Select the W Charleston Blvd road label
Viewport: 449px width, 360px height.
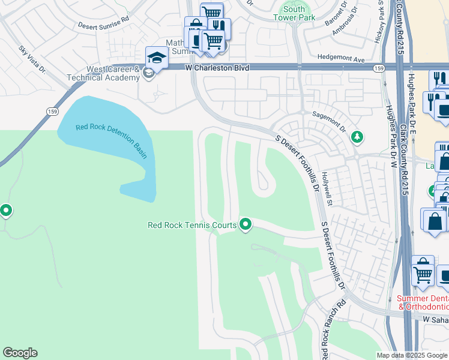pyautogui.click(x=217, y=68)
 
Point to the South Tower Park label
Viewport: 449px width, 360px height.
pyautogui.click(x=294, y=14)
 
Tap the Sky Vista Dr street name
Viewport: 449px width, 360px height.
pyautogui.click(x=32, y=59)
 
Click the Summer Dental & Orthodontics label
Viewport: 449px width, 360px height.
pyautogui.click(x=423, y=302)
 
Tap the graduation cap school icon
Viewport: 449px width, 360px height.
pyautogui.click(x=156, y=58)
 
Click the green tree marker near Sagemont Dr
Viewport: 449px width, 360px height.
pyautogui.click(x=357, y=137)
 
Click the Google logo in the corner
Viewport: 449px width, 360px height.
pyautogui.click(x=20, y=353)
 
